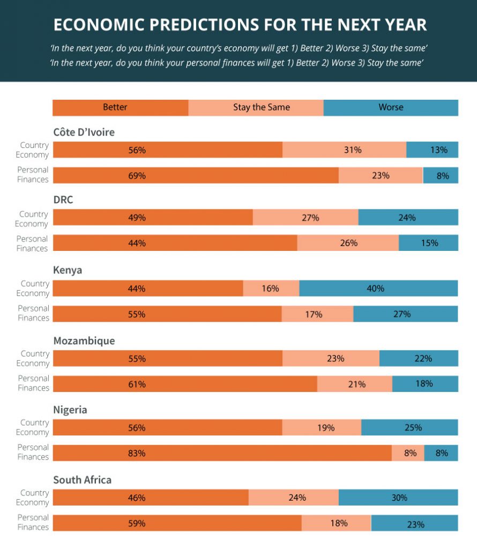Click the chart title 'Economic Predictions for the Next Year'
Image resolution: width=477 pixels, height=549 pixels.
click(240, 25)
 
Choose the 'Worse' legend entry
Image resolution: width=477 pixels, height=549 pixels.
click(391, 107)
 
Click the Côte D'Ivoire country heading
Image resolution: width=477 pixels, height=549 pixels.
click(84, 132)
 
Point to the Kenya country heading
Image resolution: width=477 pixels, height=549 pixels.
click(68, 270)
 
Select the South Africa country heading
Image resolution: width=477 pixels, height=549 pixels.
click(82, 479)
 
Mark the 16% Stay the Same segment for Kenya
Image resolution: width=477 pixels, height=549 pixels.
click(271, 288)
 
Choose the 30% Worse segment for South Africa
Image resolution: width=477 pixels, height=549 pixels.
click(398, 497)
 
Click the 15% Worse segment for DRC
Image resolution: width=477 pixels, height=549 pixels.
click(428, 243)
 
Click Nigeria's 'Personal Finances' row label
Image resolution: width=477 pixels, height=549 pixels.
click(33, 452)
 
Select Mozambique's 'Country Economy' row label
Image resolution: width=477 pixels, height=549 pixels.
click(33, 358)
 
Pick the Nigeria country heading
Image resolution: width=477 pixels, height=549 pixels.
click(70, 410)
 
